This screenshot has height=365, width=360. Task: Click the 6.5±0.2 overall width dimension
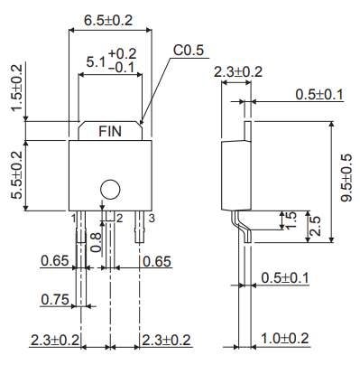pos(108,19)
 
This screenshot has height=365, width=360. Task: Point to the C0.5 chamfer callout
pos(189,51)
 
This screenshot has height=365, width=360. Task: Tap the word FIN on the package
pos(112,131)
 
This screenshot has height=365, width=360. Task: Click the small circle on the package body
pos(109,189)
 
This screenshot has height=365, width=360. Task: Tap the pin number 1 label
pos(71,218)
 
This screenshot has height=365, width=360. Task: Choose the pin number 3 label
pos(152,218)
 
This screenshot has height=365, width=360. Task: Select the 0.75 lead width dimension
pos(55,300)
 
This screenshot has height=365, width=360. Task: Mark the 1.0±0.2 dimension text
pos(284,338)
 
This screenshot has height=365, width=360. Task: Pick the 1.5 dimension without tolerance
pos(290,221)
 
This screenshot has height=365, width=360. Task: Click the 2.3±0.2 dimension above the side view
pos(237,71)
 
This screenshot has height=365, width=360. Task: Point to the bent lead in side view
pos(238,223)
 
